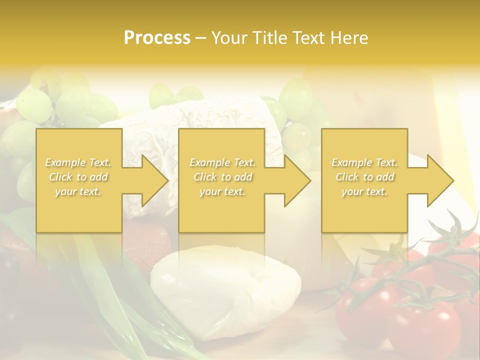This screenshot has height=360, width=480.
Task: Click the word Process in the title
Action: [x=157, y=38]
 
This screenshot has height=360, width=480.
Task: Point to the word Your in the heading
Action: [x=232, y=38]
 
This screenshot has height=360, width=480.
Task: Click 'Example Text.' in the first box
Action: [x=78, y=162]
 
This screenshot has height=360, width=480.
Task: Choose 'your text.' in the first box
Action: [x=78, y=191]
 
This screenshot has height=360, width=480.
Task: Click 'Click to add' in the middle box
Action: [x=222, y=177]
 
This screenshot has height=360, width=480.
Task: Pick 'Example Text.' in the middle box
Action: [x=222, y=162]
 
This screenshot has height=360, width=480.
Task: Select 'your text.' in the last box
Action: [x=364, y=191]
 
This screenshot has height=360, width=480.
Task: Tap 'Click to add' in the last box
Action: [x=364, y=177]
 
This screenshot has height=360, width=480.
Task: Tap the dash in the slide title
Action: [x=200, y=38]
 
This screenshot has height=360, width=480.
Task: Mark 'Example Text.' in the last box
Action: [x=364, y=162]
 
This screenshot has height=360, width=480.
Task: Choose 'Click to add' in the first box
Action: [x=78, y=177]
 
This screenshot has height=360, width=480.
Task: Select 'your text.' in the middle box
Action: [x=222, y=191]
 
